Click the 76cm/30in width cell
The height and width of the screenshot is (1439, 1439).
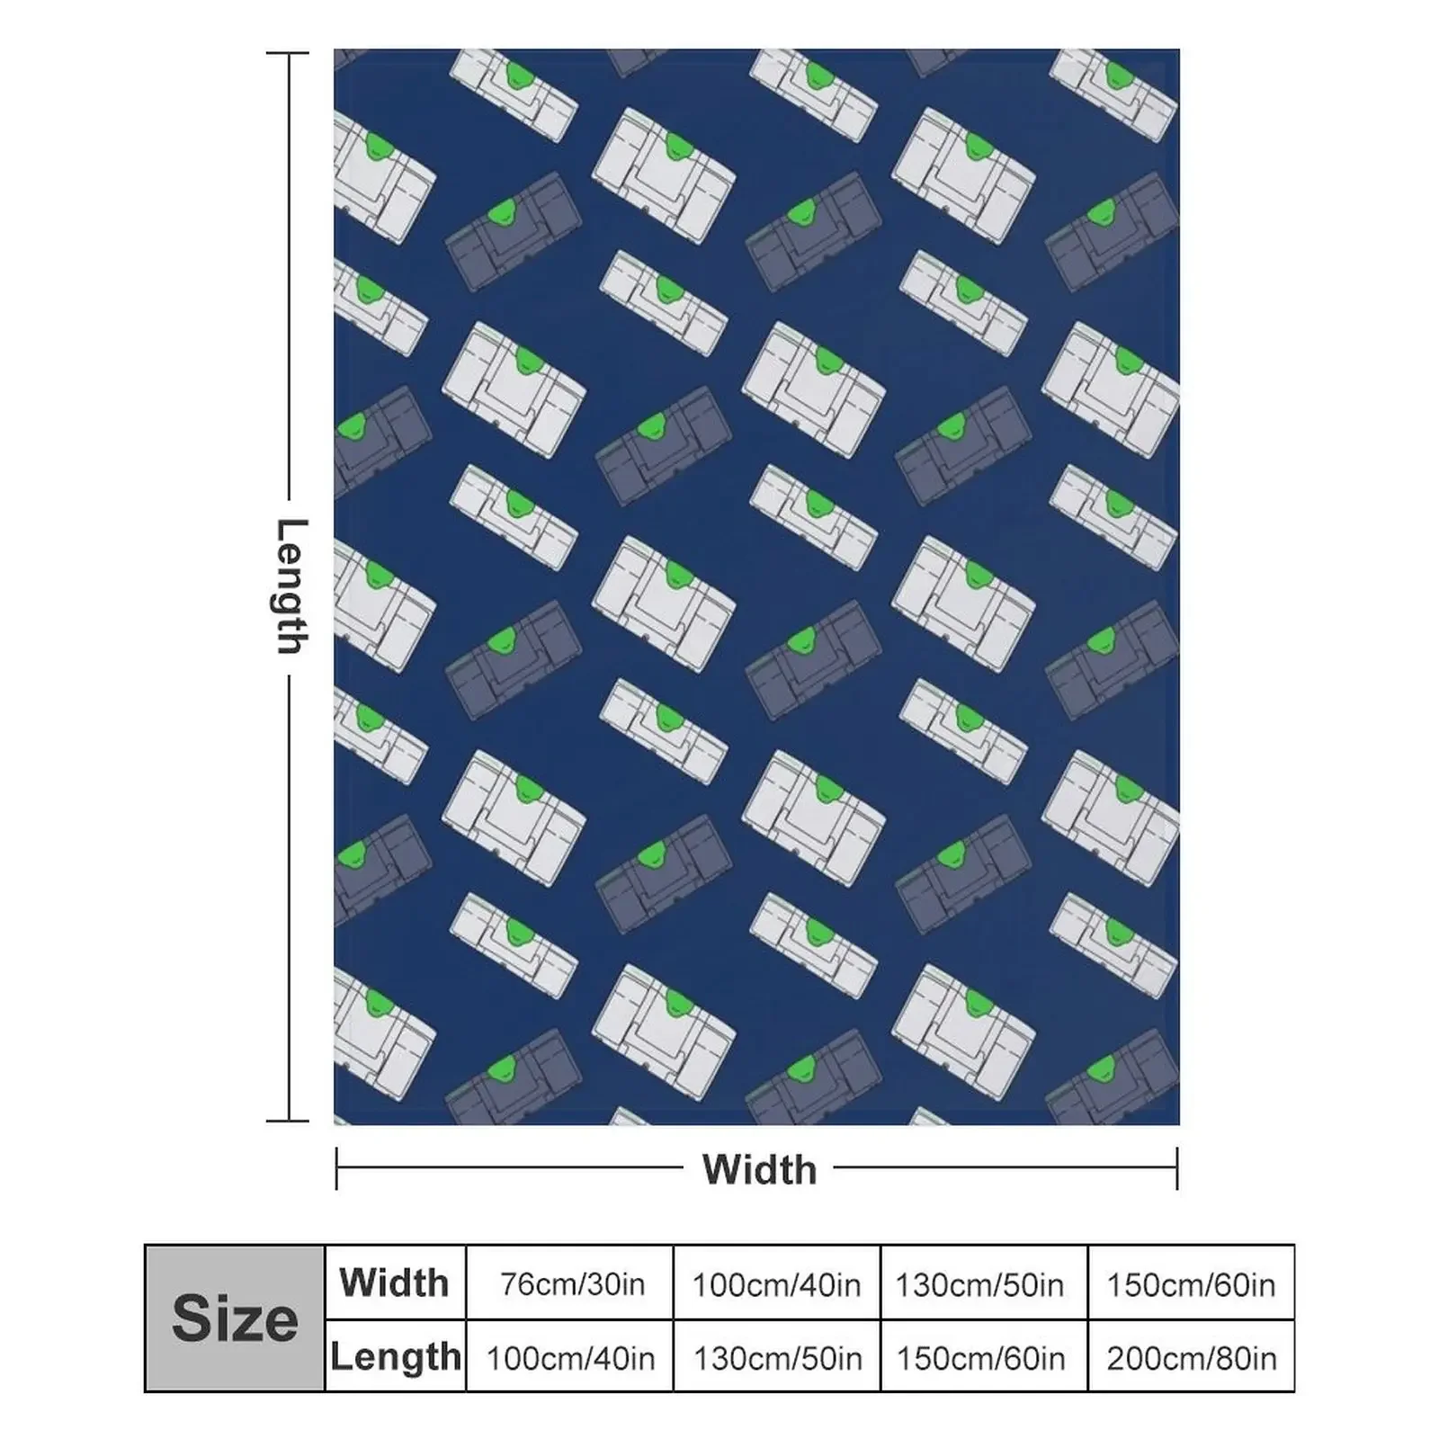[572, 1284]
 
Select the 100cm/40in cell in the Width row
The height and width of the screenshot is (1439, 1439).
[776, 1284]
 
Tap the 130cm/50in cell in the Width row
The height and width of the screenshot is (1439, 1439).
[979, 1284]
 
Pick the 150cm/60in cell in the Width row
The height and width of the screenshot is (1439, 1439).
[1191, 1284]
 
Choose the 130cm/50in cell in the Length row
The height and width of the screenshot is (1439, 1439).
[776, 1358]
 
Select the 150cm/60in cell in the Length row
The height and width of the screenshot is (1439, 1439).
[979, 1358]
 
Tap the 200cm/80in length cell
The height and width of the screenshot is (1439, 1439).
[1191, 1358]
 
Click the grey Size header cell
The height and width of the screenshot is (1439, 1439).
[235, 1318]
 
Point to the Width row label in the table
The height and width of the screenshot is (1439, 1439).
[394, 1283]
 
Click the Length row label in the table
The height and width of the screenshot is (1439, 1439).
[396, 1356]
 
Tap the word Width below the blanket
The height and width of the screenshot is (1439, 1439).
[759, 1169]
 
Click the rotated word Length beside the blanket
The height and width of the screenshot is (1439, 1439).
[290, 586]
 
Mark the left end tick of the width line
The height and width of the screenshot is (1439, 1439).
[336, 1168]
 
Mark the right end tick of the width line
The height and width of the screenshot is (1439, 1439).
[1176, 1168]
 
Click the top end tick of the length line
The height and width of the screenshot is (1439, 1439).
[288, 54]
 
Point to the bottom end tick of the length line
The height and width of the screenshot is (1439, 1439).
[288, 1121]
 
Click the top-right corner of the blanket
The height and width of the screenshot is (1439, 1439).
[1178, 50]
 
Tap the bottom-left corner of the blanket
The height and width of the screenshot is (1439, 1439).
[335, 1123]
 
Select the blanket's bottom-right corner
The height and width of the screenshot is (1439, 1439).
[1178, 1123]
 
